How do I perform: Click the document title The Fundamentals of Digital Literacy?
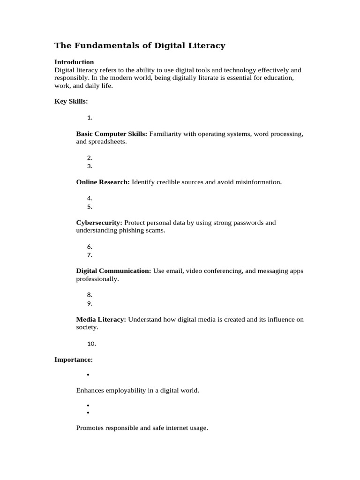(140, 45)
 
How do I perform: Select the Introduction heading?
(74, 62)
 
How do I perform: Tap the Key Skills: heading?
(71, 101)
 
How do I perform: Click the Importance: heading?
(74, 360)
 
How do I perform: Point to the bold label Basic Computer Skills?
(112, 134)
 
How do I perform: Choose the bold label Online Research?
(103, 182)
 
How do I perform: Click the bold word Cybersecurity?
(99, 223)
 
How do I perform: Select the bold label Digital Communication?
(113, 271)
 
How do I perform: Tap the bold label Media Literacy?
(101, 319)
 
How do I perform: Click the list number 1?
(90, 118)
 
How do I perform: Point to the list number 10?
(91, 344)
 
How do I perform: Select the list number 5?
(90, 207)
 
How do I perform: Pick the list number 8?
(90, 295)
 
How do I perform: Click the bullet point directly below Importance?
(88, 375)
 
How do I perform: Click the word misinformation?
(258, 182)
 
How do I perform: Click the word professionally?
(97, 279)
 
